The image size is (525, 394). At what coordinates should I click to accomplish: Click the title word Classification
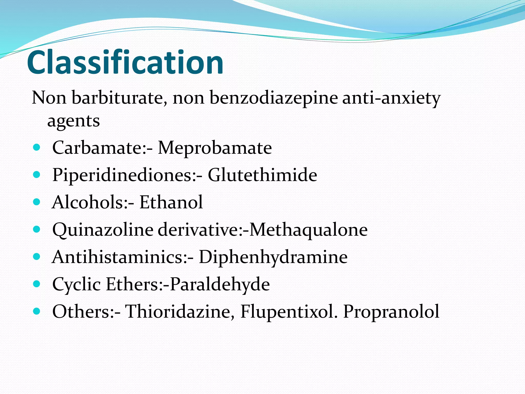(125, 62)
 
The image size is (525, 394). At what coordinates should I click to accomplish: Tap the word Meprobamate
(215, 148)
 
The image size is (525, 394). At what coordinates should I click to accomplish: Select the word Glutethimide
(262, 175)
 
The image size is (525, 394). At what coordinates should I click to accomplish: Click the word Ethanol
(171, 202)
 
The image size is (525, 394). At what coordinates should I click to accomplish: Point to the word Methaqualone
(308, 230)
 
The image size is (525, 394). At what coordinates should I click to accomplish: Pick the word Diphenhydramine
(273, 257)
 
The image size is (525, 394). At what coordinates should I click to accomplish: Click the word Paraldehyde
(220, 284)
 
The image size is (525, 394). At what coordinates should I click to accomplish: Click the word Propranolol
(391, 311)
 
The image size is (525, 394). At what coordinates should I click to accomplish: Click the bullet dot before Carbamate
(37, 147)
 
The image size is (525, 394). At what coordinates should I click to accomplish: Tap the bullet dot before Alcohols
(37, 202)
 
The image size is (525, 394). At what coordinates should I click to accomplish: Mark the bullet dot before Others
(37, 311)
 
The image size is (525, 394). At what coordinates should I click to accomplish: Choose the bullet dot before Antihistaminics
(37, 257)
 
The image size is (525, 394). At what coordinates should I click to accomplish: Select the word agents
(73, 121)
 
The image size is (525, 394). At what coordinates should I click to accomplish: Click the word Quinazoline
(103, 230)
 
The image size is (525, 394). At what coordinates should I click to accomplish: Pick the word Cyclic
(76, 284)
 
